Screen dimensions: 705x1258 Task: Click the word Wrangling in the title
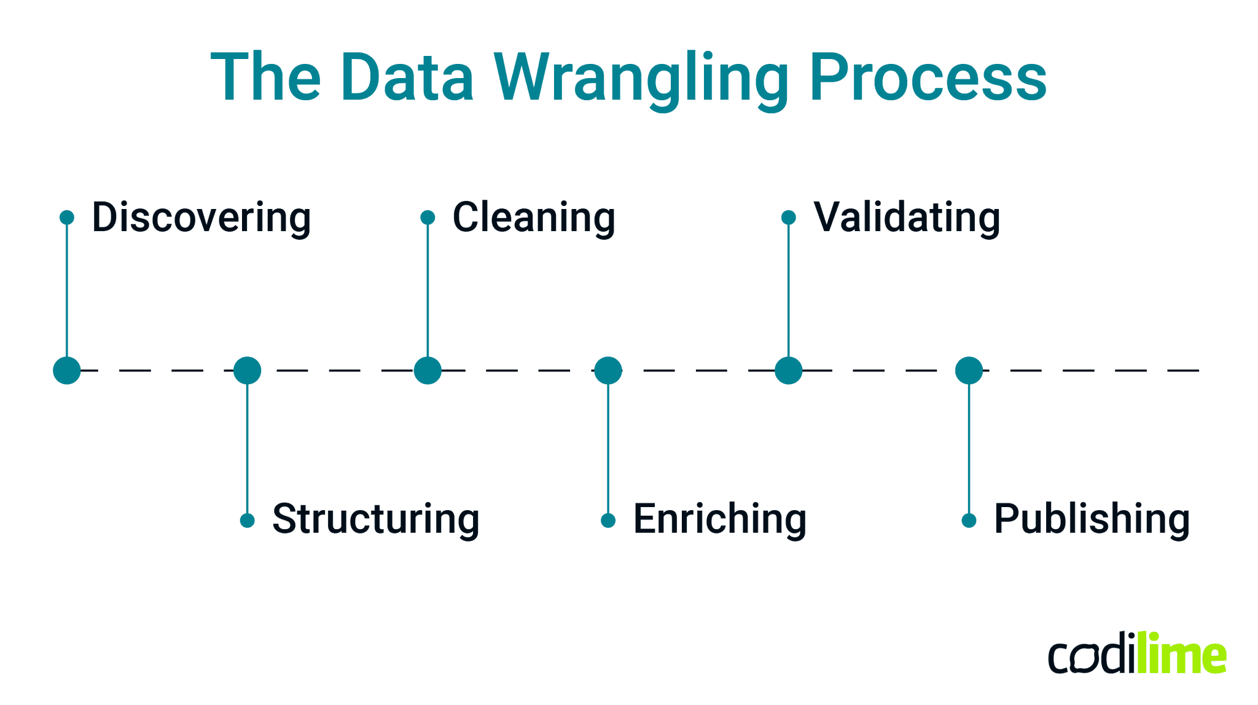(x=642, y=79)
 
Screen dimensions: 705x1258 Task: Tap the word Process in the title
(x=928, y=79)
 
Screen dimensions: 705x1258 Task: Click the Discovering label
(x=201, y=218)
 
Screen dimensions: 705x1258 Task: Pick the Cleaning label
(x=534, y=218)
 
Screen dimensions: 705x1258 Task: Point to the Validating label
(x=907, y=218)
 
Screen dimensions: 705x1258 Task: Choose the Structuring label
(x=376, y=519)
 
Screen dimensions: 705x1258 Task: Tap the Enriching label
(x=720, y=519)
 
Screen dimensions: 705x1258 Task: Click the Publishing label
(x=1092, y=519)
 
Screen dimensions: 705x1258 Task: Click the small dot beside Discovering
(x=67, y=218)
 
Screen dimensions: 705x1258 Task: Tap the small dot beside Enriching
(x=608, y=521)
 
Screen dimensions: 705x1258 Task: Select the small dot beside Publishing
(x=969, y=521)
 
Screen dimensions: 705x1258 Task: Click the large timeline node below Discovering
(x=67, y=371)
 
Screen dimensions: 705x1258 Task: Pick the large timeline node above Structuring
(x=247, y=371)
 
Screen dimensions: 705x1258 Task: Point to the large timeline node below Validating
(x=788, y=371)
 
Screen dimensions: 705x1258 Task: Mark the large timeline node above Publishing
(x=969, y=371)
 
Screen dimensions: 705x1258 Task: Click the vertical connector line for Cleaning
(x=428, y=289)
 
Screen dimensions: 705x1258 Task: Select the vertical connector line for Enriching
(x=608, y=449)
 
